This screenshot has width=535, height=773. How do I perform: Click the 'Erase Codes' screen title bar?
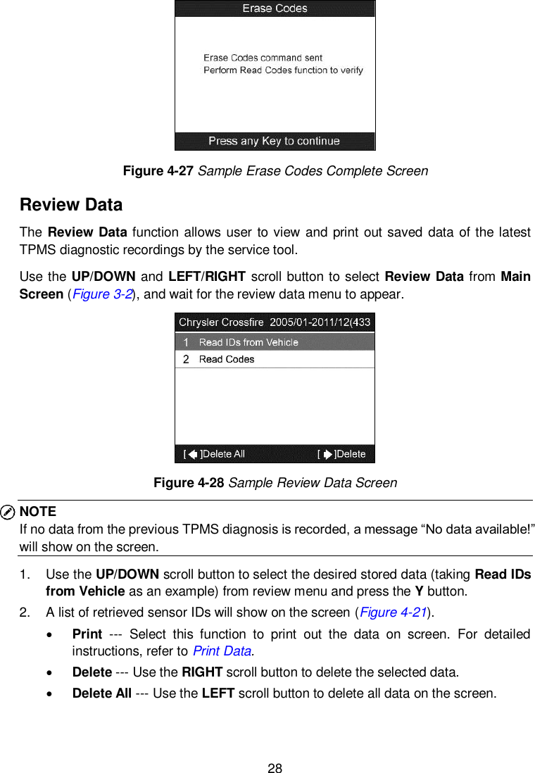tap(275, 8)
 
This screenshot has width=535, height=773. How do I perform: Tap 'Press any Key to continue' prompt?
tap(275, 141)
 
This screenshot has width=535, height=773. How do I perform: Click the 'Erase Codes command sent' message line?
tap(263, 58)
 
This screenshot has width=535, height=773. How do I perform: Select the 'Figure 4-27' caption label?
tap(158, 171)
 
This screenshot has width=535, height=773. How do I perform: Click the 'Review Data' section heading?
tap(71, 205)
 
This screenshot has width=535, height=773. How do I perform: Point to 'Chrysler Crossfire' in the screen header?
tap(220, 322)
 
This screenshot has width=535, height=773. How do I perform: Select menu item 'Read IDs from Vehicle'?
tap(248, 342)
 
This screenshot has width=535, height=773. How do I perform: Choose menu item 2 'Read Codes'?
tap(227, 359)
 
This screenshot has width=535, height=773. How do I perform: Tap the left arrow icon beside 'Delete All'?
tap(193, 454)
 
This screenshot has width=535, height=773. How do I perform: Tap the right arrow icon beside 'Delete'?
tap(327, 454)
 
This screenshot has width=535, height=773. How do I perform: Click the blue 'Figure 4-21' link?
tap(393, 612)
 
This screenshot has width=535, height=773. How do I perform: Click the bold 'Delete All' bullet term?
tap(101, 693)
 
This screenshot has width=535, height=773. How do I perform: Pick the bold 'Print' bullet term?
tap(87, 634)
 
